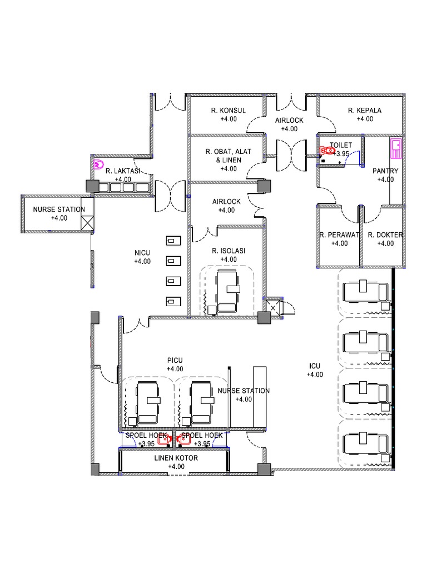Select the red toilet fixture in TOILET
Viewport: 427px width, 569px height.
327,150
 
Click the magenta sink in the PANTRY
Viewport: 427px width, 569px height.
396,148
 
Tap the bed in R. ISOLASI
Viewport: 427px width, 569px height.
227,291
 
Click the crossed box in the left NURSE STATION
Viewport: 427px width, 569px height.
87,223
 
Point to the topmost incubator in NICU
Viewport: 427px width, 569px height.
173,241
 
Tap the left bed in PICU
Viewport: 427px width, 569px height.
148,403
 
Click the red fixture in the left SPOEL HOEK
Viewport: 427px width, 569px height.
166,440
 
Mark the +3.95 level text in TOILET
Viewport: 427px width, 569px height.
341,153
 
